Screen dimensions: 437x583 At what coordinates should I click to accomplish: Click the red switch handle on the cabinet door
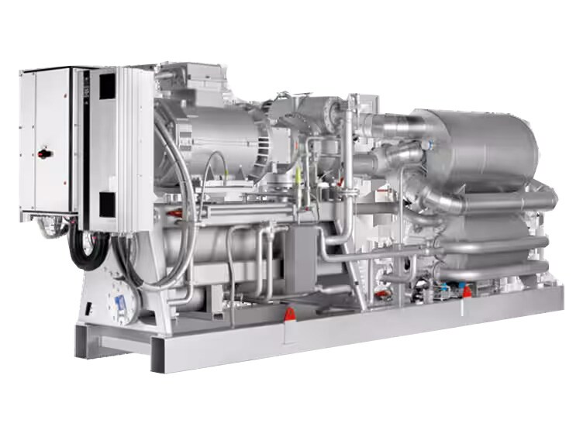pos(43,153)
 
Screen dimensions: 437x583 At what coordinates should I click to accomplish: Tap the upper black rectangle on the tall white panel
pos(106,84)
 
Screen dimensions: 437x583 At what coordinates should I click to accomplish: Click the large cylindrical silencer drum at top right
pos(481,147)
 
